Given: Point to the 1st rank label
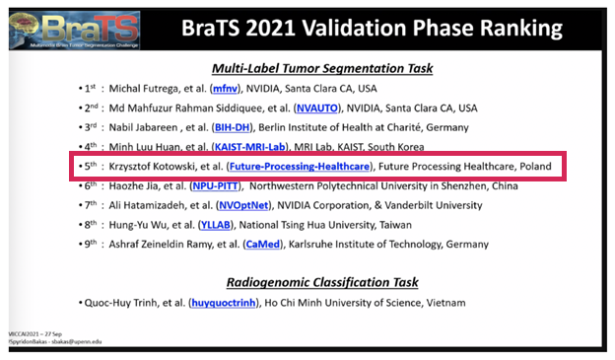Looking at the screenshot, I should (x=92, y=89).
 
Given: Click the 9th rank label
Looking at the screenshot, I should (x=92, y=240).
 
